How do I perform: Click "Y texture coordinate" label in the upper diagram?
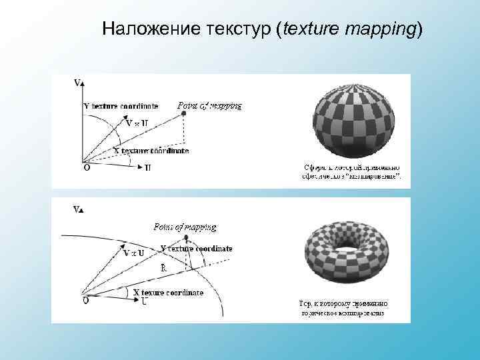click(x=121, y=106)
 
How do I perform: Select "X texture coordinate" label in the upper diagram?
click(x=151, y=151)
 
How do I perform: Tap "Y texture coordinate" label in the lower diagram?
click(x=197, y=249)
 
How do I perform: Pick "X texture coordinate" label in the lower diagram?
click(x=168, y=293)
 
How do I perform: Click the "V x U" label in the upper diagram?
click(x=137, y=123)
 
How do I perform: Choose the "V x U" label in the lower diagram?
click(x=133, y=253)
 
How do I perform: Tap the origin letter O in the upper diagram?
click(x=87, y=167)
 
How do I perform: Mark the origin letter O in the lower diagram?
click(x=86, y=301)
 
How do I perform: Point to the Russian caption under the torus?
click(x=343, y=308)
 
